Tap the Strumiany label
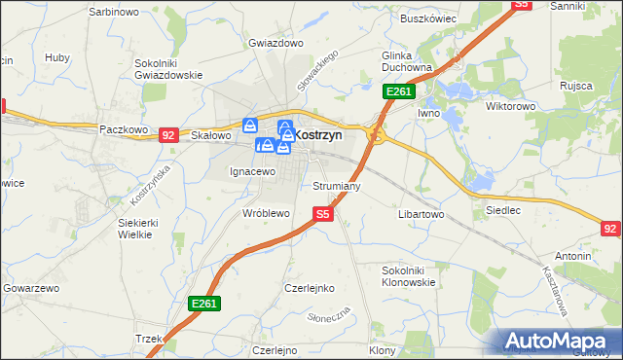337,185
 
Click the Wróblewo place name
266,212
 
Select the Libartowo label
421,212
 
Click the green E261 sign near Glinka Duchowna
399,91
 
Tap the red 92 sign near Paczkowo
168,135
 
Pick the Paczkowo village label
123,128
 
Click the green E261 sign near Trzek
204,304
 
